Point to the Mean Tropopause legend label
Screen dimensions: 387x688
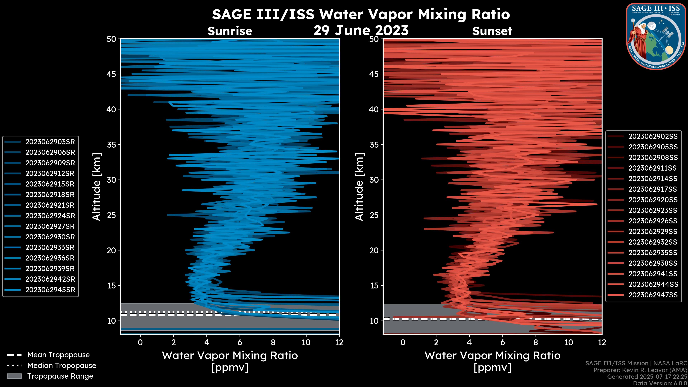coord(58,355)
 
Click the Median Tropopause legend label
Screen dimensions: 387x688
coord(61,366)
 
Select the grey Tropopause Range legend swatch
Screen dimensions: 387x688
coord(14,376)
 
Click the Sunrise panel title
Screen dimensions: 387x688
coord(230,31)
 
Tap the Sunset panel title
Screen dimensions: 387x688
coord(492,31)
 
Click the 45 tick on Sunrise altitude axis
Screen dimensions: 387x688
coord(111,74)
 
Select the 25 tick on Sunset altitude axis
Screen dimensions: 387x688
coord(374,215)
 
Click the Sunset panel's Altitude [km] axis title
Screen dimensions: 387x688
coord(359,187)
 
